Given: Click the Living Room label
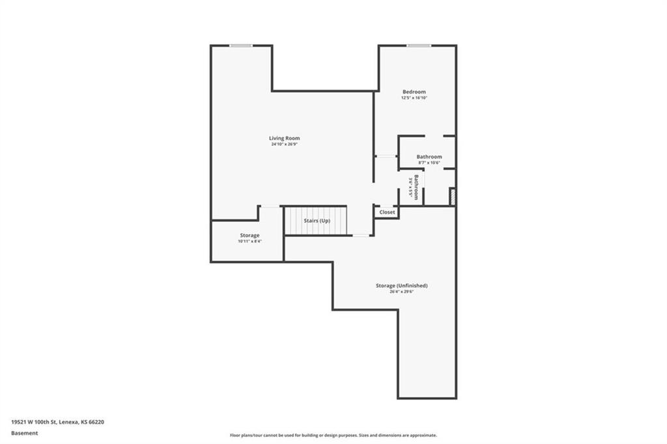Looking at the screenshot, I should click(285, 138).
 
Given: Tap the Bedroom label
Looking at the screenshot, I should click(414, 92).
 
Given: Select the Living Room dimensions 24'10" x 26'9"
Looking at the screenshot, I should click(285, 145).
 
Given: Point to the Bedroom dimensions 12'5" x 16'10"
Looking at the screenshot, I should click(414, 98).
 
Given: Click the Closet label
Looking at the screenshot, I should click(387, 212).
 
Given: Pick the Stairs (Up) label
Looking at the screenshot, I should click(317, 221).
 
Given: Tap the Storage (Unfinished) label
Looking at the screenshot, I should click(401, 285).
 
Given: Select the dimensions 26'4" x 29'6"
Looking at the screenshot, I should click(401, 292).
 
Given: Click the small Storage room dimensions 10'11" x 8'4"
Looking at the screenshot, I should click(249, 242).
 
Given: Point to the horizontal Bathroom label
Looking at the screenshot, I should click(429, 156).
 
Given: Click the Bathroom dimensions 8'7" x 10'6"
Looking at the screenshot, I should click(429, 163).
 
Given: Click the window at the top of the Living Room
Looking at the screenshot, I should click(241, 45).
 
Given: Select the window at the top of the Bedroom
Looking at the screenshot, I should click(419, 45).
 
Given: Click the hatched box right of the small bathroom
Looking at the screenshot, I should click(452, 197).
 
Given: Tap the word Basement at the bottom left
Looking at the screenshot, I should click(25, 432).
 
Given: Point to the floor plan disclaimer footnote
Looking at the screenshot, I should click(333, 435).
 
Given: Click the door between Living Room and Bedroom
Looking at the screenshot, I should click(386, 156).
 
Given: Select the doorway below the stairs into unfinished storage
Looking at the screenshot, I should click(360, 236).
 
